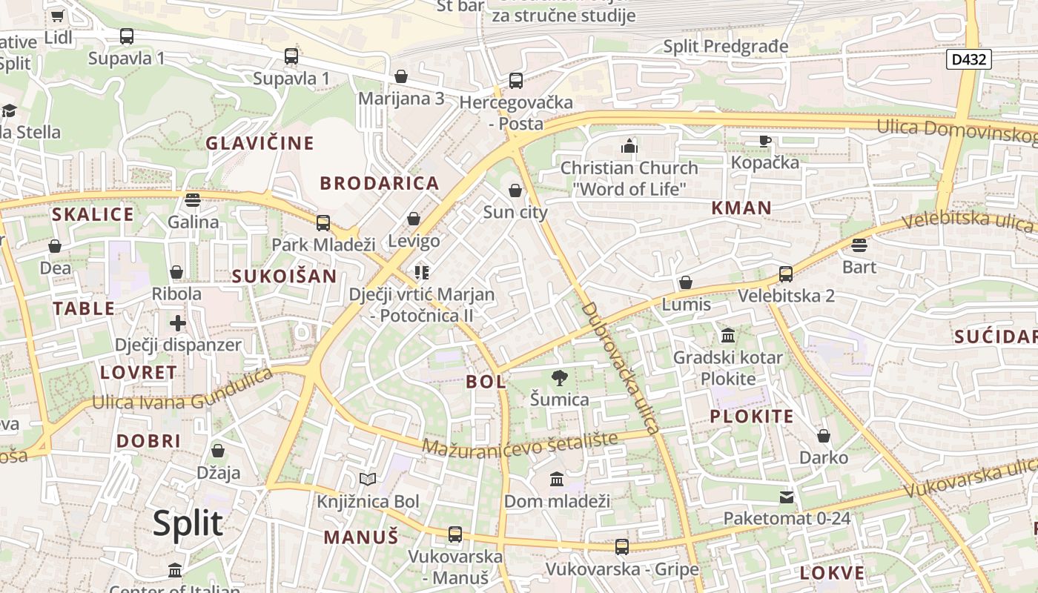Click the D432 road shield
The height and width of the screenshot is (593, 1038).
tap(968, 59)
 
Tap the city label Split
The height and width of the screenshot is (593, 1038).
tap(188, 523)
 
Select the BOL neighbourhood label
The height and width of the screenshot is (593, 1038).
tap(486, 382)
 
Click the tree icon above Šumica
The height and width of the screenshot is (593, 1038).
tap(559, 378)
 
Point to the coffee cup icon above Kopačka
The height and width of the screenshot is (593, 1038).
tap(765, 140)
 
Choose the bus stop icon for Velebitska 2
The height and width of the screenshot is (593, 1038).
tap(786, 274)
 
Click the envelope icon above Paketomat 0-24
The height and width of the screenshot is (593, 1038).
tap(786, 497)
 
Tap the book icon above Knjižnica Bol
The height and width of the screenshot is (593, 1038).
tap(368, 480)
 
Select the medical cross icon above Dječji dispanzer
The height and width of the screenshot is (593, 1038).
tap(178, 323)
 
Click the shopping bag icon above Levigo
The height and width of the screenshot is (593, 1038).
tap(414, 219)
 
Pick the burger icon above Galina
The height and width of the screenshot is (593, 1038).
tap(193, 199)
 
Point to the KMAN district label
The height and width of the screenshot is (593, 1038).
tap(741, 208)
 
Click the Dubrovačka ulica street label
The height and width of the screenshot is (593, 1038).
tap(621, 368)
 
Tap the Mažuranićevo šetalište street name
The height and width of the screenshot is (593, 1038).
tap(520, 443)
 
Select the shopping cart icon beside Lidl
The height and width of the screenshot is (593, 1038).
tap(58, 16)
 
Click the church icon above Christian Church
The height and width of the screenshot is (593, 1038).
tap(629, 145)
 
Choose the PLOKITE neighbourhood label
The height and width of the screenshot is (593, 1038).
tap(752, 416)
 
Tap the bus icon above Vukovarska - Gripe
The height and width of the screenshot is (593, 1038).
tap(622, 547)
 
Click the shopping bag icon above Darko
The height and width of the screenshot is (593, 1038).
tap(823, 436)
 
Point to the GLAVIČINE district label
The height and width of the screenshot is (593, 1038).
tap(259, 143)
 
